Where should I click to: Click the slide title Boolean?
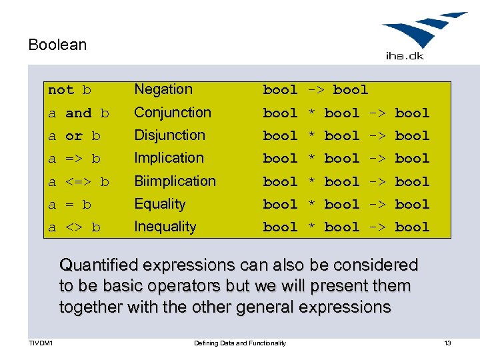(x=57, y=45)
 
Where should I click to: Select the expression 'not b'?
(x=69, y=90)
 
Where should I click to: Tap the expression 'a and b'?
(x=78, y=113)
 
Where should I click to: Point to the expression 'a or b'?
(x=74, y=136)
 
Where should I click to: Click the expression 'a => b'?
(x=74, y=159)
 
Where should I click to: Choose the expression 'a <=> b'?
(x=78, y=181)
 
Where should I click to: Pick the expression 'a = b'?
(x=69, y=205)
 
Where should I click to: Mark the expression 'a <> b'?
(x=74, y=227)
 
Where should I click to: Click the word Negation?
(x=163, y=89)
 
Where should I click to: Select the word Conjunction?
(x=172, y=113)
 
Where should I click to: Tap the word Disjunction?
(x=169, y=135)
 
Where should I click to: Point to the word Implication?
(x=169, y=158)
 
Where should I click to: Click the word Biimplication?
(x=175, y=181)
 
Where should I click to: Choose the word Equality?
(x=159, y=204)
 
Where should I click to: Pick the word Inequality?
(x=165, y=227)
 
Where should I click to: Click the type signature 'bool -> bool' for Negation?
(x=315, y=90)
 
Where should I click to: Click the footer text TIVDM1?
(x=41, y=343)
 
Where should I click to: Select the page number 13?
(x=447, y=343)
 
